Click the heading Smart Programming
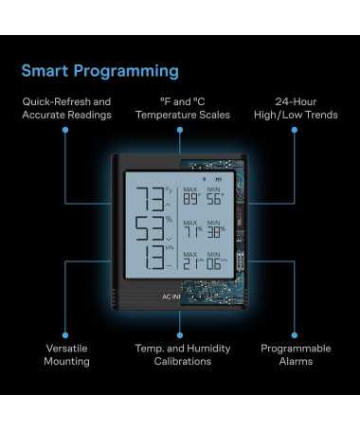click(99, 71)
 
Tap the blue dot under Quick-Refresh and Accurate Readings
click(65, 130)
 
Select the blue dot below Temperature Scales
click(180, 130)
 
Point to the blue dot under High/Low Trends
click(295, 130)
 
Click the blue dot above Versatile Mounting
click(65, 335)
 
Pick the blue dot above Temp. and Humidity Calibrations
click(180, 335)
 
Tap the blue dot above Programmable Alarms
click(295, 335)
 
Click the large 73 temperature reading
click(150, 199)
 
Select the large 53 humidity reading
click(150, 229)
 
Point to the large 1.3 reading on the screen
click(154, 258)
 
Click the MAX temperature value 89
click(190, 199)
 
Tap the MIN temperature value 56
click(214, 199)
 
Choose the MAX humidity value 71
click(190, 232)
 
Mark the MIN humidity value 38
click(214, 232)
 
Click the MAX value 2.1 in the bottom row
click(190, 264)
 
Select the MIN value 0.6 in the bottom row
click(214, 264)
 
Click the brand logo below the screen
click(171, 297)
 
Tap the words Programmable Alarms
click(296, 355)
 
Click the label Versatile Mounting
click(66, 355)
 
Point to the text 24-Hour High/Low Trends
click(296, 108)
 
